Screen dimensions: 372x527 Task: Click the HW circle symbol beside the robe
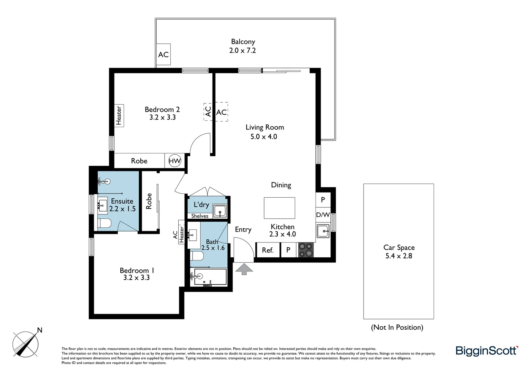(175, 161)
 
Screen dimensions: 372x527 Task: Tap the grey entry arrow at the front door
(244, 269)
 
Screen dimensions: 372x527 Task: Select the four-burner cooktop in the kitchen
(306, 250)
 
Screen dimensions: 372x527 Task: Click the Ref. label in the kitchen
(268, 250)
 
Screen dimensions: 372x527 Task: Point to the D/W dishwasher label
(323, 215)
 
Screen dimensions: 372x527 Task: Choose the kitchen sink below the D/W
(323, 230)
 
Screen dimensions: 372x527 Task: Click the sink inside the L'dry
(220, 210)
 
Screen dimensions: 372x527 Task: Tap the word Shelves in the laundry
(200, 216)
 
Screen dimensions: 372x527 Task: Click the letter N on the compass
(40, 330)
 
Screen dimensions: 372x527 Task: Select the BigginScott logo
(487, 351)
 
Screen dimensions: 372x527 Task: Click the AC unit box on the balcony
(163, 55)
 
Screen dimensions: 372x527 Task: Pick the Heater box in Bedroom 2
(119, 115)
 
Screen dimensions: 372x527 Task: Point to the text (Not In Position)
(397, 327)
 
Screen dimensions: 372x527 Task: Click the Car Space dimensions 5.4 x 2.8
(399, 256)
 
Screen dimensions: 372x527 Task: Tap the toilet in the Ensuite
(104, 224)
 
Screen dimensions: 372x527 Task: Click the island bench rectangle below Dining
(279, 208)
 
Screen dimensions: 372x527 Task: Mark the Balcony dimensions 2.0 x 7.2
(242, 50)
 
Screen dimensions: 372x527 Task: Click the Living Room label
(265, 127)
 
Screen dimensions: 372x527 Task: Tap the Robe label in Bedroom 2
(139, 161)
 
